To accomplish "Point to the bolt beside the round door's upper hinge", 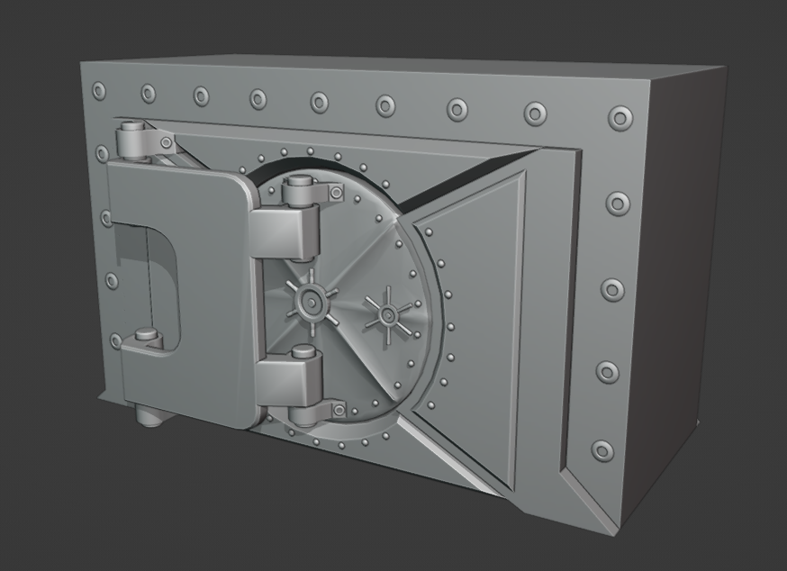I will [336, 193].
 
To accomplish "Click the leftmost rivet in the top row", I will [98, 90].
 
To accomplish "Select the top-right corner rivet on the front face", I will [620, 118].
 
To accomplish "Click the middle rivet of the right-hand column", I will [612, 290].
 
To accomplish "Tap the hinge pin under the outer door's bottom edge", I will [149, 417].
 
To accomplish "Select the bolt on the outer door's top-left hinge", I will [167, 142].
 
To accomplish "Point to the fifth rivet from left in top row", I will [320, 102].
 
